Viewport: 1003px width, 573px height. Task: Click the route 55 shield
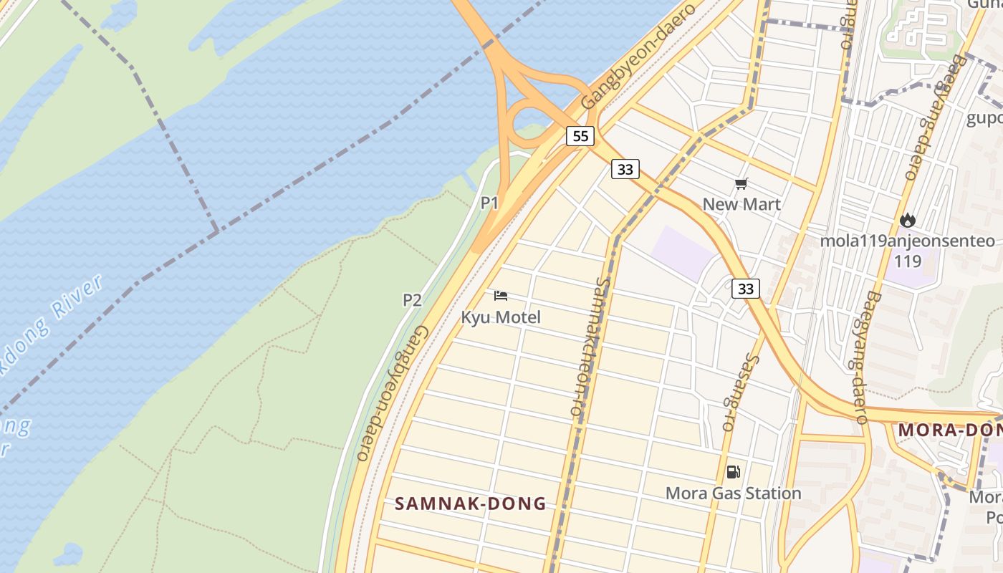tap(580, 135)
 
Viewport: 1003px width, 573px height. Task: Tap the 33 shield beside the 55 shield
tap(625, 169)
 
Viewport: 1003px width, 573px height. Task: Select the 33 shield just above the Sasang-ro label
tap(746, 288)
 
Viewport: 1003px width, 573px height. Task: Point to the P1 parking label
tap(489, 203)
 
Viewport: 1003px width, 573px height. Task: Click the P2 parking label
tap(412, 299)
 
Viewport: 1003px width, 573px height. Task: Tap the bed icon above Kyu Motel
tap(501, 296)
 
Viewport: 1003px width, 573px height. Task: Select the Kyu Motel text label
tap(501, 317)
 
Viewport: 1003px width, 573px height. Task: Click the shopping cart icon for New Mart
tap(742, 184)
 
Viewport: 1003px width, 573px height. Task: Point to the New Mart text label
tap(742, 204)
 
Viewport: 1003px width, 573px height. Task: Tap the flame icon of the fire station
tap(908, 220)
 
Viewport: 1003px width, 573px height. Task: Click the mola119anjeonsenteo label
tap(907, 241)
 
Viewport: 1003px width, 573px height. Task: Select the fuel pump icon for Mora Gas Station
tap(733, 472)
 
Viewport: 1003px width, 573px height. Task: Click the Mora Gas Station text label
tap(733, 493)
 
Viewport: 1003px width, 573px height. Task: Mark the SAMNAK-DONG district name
tap(471, 504)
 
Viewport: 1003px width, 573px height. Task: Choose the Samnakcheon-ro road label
tap(590, 347)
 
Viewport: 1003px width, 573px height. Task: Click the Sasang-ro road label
tap(739, 392)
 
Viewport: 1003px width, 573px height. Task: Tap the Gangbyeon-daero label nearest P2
tap(393, 394)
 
